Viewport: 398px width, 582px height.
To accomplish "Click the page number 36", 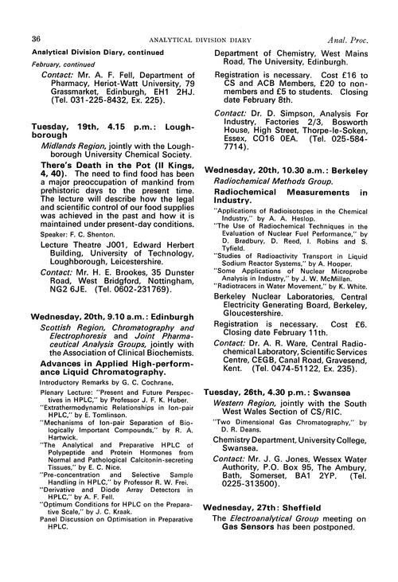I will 36,16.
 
